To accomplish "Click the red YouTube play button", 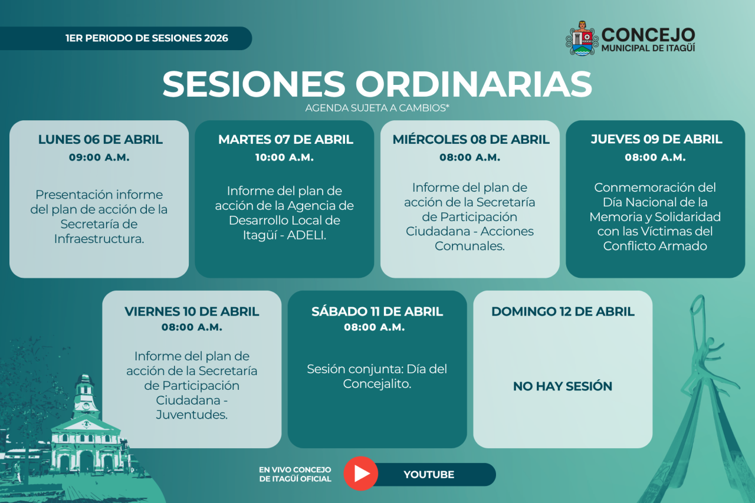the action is (x=360, y=474).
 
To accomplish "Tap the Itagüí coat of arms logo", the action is (x=582, y=38).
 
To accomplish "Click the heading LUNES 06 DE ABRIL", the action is (x=100, y=140).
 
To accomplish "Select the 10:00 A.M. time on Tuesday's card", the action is (x=284, y=157).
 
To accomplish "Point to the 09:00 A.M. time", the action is (x=99, y=157).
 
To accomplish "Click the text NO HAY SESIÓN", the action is (x=563, y=386).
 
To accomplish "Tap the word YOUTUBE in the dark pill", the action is (x=429, y=474).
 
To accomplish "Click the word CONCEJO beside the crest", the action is (x=648, y=35).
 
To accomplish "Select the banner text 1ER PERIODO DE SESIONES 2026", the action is (x=147, y=38).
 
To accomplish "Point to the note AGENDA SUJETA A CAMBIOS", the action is (x=377, y=108).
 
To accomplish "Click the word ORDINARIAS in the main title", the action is (x=474, y=84).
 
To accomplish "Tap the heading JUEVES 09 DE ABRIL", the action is (x=656, y=139).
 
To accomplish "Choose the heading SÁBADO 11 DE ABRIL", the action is (x=377, y=311).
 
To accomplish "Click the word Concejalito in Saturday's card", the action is (x=377, y=384).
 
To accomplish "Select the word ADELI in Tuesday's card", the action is (x=306, y=235).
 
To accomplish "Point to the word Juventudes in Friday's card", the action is (x=192, y=415).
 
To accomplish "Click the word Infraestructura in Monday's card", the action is (x=99, y=239).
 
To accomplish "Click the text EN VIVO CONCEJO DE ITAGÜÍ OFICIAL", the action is (x=296, y=474).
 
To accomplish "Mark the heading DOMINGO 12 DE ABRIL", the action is (x=563, y=311).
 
